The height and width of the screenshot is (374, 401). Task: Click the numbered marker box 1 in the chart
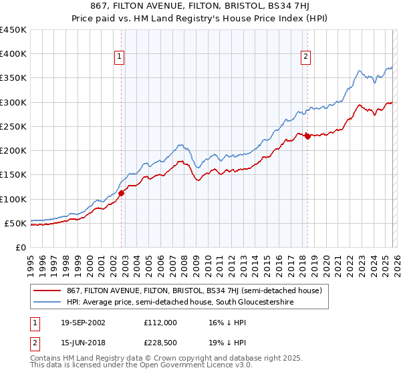pos(119,57)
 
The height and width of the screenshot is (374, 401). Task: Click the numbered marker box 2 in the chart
pos(305,57)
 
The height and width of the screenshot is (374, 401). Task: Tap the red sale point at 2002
pos(122,193)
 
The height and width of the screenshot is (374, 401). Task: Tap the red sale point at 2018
pos(307,136)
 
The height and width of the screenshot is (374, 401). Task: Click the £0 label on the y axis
pos(21,247)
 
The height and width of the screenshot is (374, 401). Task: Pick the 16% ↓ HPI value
pos(227,323)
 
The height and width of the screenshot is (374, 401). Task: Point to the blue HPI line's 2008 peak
pos(180,144)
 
